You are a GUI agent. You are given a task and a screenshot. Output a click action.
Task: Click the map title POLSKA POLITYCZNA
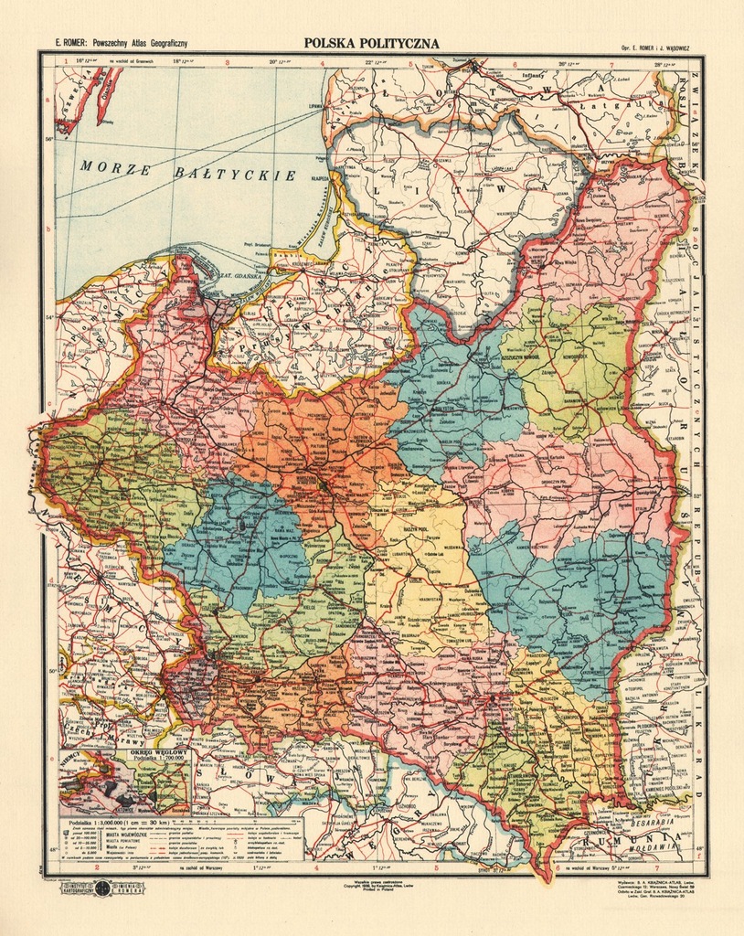pos(371,43)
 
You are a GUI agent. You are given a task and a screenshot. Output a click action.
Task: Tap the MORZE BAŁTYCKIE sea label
pos(187,170)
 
